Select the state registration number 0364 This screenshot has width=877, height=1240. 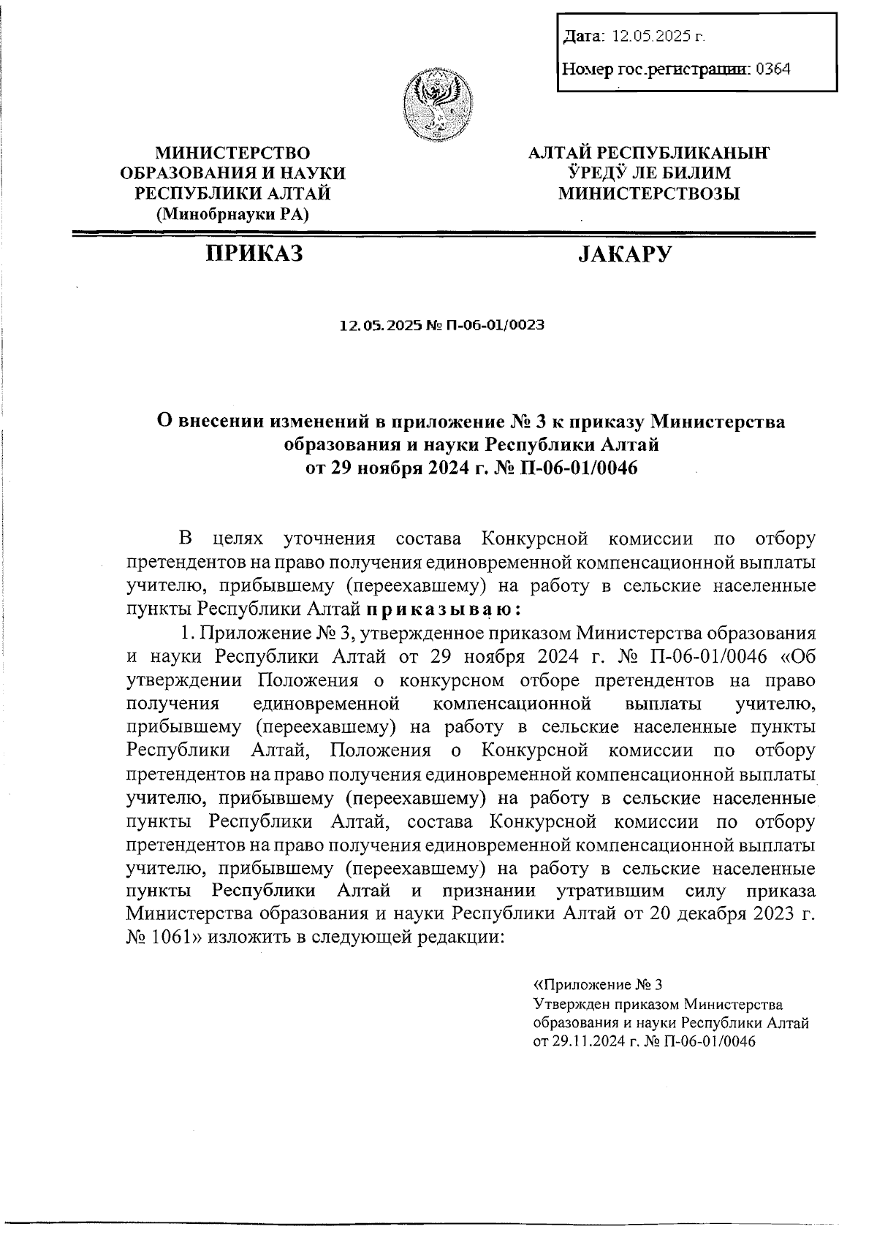[772, 69]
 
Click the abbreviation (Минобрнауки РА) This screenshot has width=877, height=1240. [232, 214]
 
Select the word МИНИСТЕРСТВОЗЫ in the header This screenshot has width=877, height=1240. [649, 194]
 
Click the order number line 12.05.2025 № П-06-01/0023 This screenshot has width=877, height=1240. [442, 325]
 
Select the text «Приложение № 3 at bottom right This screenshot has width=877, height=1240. [598, 984]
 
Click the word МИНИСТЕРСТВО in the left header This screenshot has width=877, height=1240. [232, 153]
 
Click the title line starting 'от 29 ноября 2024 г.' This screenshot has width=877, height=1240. [471, 468]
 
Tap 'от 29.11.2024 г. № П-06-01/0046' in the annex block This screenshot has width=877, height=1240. [644, 1041]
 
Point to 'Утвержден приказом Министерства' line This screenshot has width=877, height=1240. [658, 1003]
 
